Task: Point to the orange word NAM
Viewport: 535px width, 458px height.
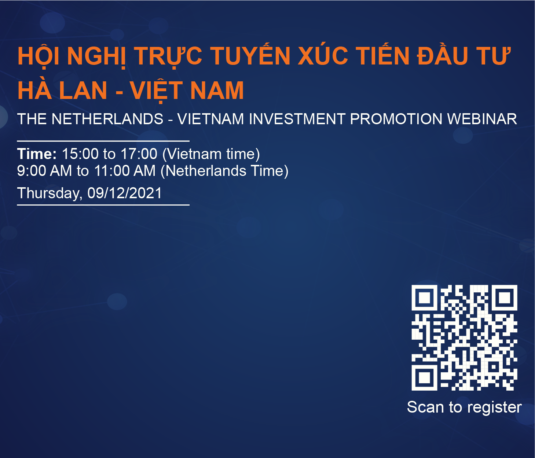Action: (217, 90)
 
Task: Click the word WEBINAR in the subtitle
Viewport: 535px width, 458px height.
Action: (482, 119)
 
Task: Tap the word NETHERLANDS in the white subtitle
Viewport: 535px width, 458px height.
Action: (107, 119)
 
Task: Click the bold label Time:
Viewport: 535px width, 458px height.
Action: (37, 154)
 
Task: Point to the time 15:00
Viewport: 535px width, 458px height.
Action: (80, 154)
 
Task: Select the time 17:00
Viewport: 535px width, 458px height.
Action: (139, 154)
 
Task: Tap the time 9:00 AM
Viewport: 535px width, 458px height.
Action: (44, 171)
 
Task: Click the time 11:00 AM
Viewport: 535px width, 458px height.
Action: (125, 171)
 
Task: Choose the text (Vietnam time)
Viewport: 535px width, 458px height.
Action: (211, 154)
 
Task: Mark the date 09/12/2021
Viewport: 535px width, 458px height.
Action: (125, 193)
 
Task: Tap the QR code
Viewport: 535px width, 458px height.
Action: (464, 338)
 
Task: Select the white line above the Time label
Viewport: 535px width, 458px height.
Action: (103, 141)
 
